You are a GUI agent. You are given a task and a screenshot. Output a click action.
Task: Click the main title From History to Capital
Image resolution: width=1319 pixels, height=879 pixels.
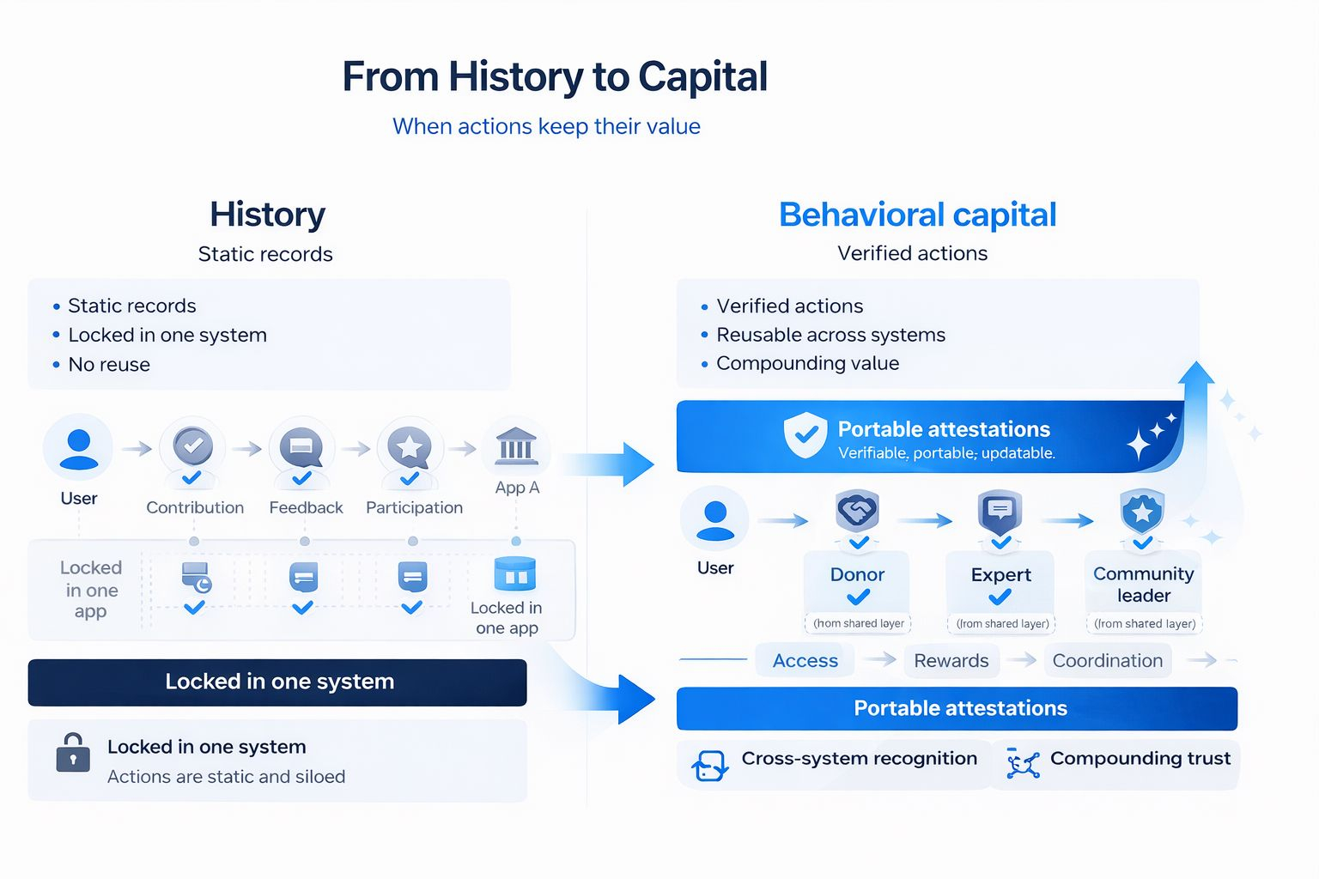pyautogui.click(x=555, y=77)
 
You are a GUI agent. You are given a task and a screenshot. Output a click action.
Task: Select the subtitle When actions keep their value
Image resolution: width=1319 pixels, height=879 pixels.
pyautogui.click(x=546, y=126)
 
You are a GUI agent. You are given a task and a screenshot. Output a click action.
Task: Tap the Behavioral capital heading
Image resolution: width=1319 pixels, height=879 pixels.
pyautogui.click(x=917, y=215)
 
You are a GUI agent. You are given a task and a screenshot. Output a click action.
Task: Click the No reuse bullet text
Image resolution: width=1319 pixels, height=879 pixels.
pyautogui.click(x=109, y=364)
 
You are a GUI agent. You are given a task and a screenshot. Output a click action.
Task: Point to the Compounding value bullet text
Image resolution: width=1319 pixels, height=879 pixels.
pyautogui.click(x=807, y=363)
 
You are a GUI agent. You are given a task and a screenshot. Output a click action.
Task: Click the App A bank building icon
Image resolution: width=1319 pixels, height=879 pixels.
pyautogui.click(x=516, y=446)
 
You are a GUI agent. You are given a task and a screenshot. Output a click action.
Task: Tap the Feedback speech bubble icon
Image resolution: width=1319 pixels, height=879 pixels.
pyautogui.click(x=301, y=447)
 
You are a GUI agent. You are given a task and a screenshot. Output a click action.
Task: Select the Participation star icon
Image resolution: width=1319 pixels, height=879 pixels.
pyautogui.click(x=410, y=447)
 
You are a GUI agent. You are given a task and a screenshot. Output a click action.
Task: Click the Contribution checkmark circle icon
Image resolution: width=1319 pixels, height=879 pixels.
pyautogui.click(x=192, y=446)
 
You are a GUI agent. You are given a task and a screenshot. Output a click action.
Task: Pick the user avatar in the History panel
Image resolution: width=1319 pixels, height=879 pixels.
pyautogui.click(x=79, y=449)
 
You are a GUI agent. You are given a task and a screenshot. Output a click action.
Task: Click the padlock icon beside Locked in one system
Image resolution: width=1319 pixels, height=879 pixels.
pyautogui.click(x=73, y=753)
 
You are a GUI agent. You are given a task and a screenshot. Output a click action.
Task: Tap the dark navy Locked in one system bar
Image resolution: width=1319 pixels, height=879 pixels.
pyautogui.click(x=277, y=682)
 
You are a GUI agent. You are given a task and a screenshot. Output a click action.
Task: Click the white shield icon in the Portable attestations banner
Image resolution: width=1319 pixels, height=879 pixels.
pyautogui.click(x=805, y=434)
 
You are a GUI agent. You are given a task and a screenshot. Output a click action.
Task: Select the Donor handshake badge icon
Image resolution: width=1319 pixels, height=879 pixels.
pyautogui.click(x=857, y=512)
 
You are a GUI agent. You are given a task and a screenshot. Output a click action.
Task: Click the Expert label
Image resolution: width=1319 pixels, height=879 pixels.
pyautogui.click(x=1000, y=574)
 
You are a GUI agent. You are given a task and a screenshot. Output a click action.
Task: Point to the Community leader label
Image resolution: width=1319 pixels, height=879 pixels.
pyautogui.click(x=1143, y=584)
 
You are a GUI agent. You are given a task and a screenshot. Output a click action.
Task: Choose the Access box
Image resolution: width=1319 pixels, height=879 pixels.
pyautogui.click(x=805, y=660)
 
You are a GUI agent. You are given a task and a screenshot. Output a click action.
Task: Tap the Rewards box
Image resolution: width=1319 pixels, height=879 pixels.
pyautogui.click(x=951, y=660)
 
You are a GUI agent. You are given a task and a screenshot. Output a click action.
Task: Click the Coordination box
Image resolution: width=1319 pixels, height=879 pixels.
pyautogui.click(x=1107, y=660)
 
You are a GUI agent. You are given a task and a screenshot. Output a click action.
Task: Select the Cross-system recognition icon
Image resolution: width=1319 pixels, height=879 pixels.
pyautogui.click(x=709, y=765)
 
